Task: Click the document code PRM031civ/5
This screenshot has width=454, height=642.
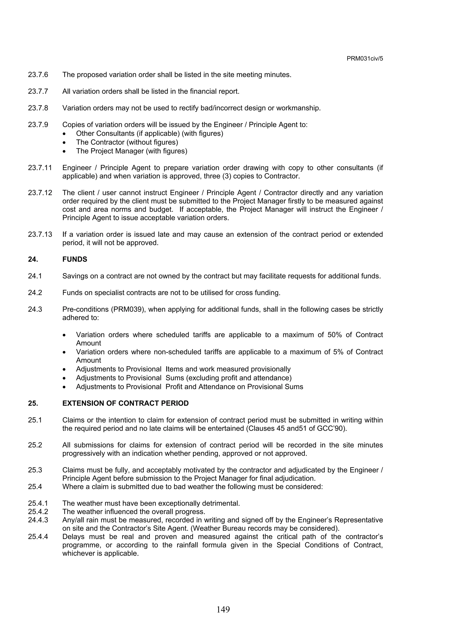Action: [364, 58]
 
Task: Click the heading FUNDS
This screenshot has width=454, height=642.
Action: [75, 259]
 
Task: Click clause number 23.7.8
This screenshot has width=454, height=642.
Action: [38, 108]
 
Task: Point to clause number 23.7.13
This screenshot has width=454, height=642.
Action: [40, 234]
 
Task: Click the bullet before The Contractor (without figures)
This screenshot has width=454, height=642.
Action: [65, 143]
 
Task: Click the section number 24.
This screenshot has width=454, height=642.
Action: [33, 259]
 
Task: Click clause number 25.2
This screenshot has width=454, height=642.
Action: [35, 445]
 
